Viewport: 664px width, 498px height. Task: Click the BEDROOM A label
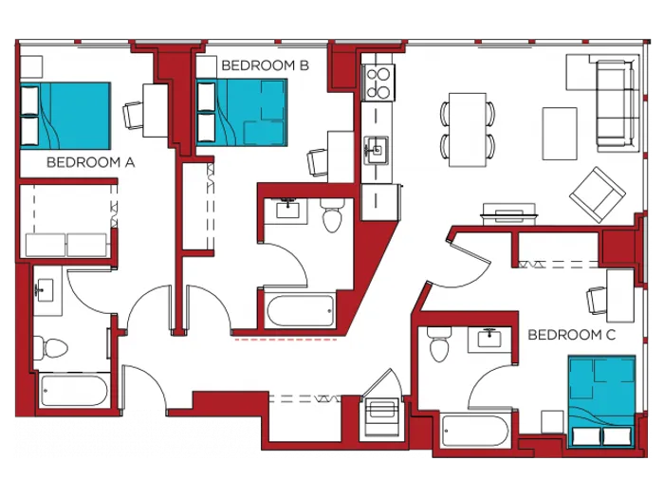90,162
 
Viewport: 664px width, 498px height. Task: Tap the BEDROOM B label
265,65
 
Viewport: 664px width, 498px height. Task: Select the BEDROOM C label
571,335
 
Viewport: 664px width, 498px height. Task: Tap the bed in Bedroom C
600,400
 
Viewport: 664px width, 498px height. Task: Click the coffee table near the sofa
560,133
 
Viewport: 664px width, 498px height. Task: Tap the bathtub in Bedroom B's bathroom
300,310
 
